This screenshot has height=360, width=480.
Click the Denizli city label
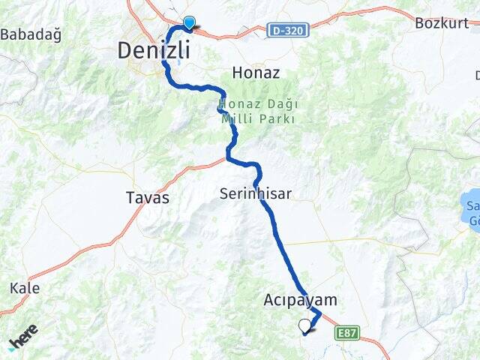pos(153,50)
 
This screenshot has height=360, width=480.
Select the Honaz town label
pos(256,73)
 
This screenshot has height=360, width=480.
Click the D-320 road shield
pos(287,30)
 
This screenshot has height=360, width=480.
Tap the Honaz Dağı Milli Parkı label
pos(258,112)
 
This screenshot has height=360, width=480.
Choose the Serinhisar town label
pos(255,193)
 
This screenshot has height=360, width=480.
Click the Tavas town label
pos(147,198)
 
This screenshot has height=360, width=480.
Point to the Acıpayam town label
pos(300,300)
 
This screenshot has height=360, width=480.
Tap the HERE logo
pos(22,340)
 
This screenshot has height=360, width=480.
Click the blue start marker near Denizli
pos(189,23)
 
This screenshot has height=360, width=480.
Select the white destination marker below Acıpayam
pos(304,325)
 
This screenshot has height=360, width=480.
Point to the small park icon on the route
pos(220,109)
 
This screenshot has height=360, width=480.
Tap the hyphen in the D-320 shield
pos(282,30)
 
